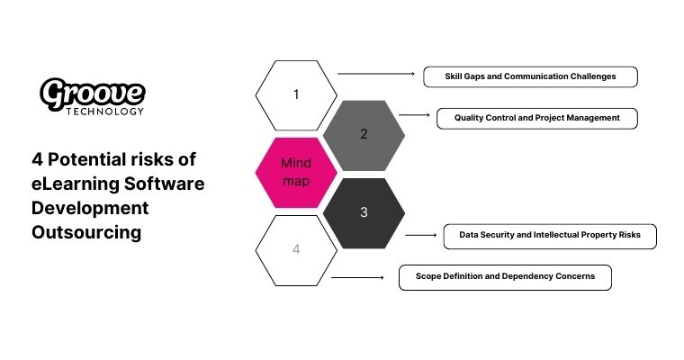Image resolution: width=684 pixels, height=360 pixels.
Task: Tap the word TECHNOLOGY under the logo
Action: tap(105, 112)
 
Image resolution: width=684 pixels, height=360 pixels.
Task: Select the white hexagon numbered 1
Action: tap(296, 94)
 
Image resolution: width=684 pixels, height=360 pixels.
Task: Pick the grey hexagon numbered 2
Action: tap(364, 134)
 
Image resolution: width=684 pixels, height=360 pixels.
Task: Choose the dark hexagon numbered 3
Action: tap(364, 212)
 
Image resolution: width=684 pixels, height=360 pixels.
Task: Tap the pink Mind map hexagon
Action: tap(296, 172)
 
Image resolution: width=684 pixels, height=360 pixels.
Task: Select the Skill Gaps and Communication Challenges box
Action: tap(530, 76)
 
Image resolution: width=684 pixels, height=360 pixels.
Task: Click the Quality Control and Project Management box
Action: tap(536, 118)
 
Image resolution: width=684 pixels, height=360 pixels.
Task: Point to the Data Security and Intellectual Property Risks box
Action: tap(550, 236)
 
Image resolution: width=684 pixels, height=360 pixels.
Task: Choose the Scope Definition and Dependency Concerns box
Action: tap(504, 277)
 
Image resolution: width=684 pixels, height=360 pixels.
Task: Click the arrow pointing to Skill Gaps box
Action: tap(374, 74)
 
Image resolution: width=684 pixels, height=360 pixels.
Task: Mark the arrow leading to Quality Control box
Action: tap(414, 115)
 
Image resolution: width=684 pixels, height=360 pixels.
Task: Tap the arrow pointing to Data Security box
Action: tap(420, 235)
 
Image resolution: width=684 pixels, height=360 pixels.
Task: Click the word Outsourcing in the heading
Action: tap(86, 231)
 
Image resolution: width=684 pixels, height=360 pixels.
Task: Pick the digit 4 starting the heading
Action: tap(37, 160)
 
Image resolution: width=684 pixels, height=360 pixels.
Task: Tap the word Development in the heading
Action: tap(89, 208)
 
